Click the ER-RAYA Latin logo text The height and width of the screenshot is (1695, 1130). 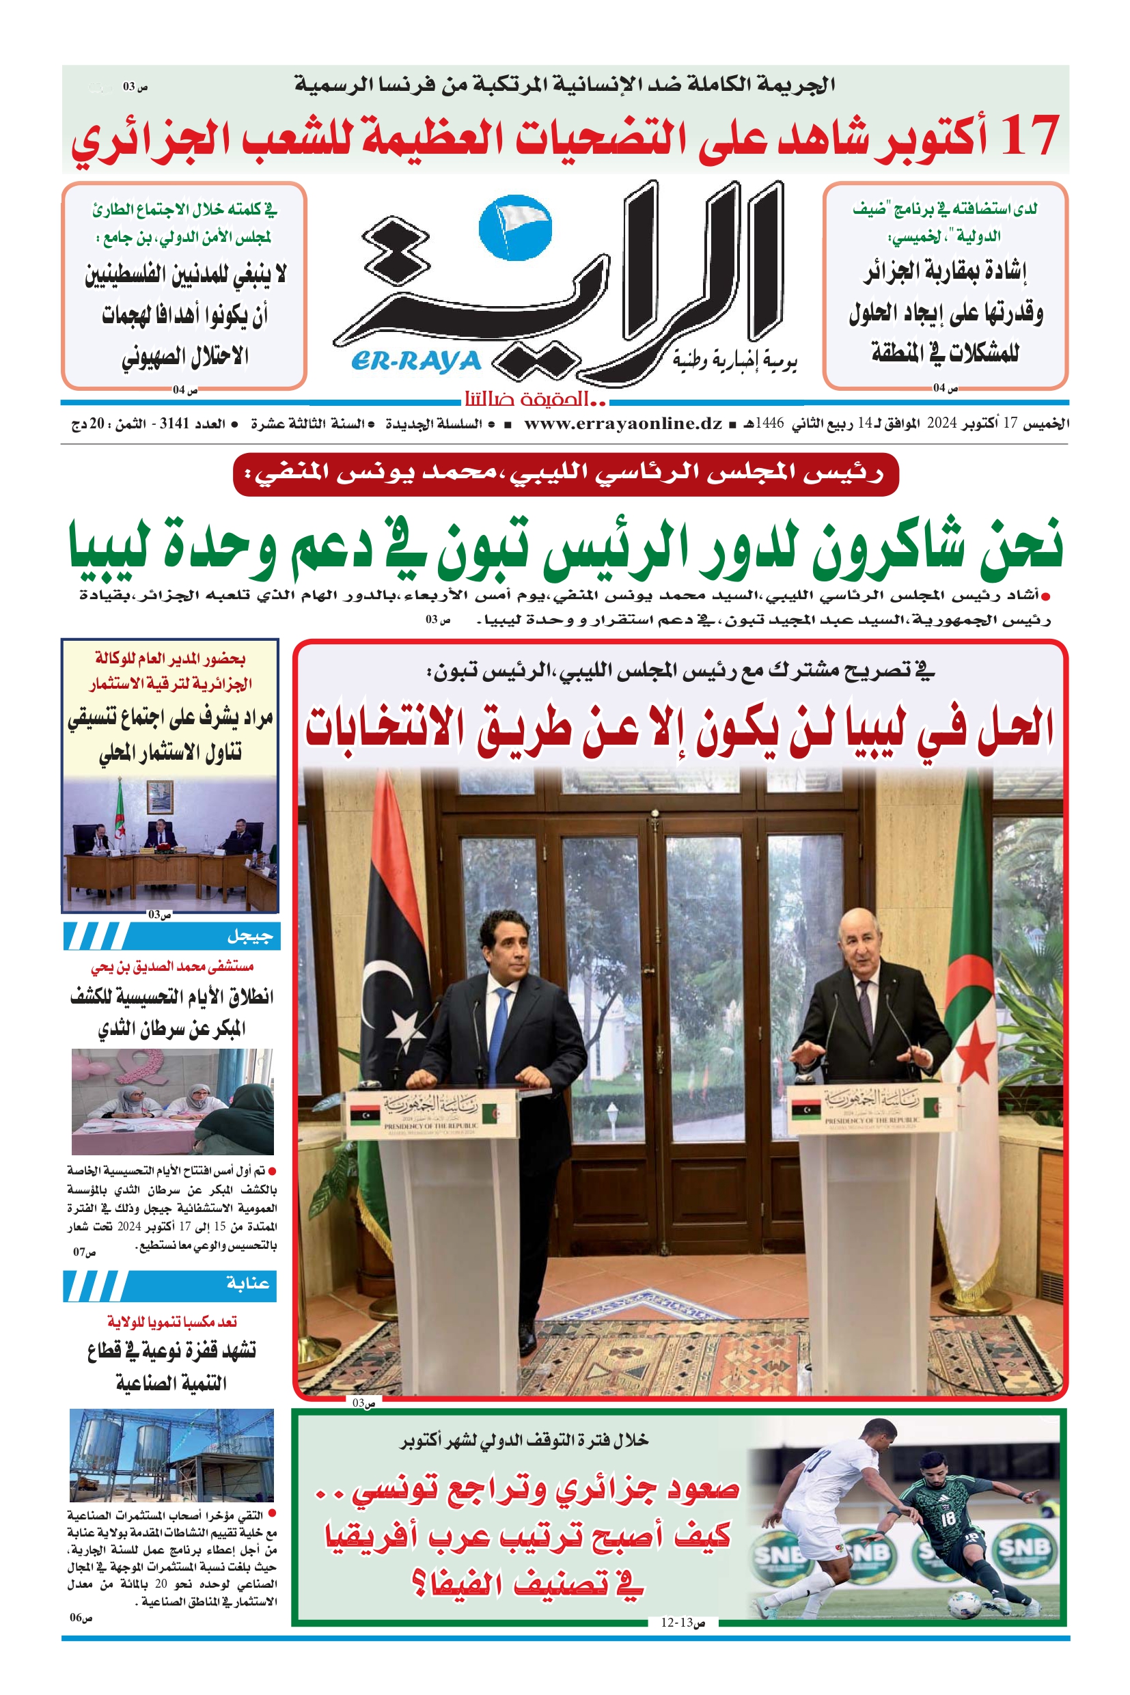click(x=416, y=360)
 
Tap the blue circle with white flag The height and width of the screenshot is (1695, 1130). click(x=515, y=227)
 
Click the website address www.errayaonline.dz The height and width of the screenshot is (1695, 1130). click(x=622, y=424)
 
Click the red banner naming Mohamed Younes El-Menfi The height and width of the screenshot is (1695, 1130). click(x=566, y=474)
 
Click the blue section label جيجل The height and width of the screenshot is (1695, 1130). click(x=249, y=936)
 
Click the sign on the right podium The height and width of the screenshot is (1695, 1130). click(x=872, y=1110)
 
